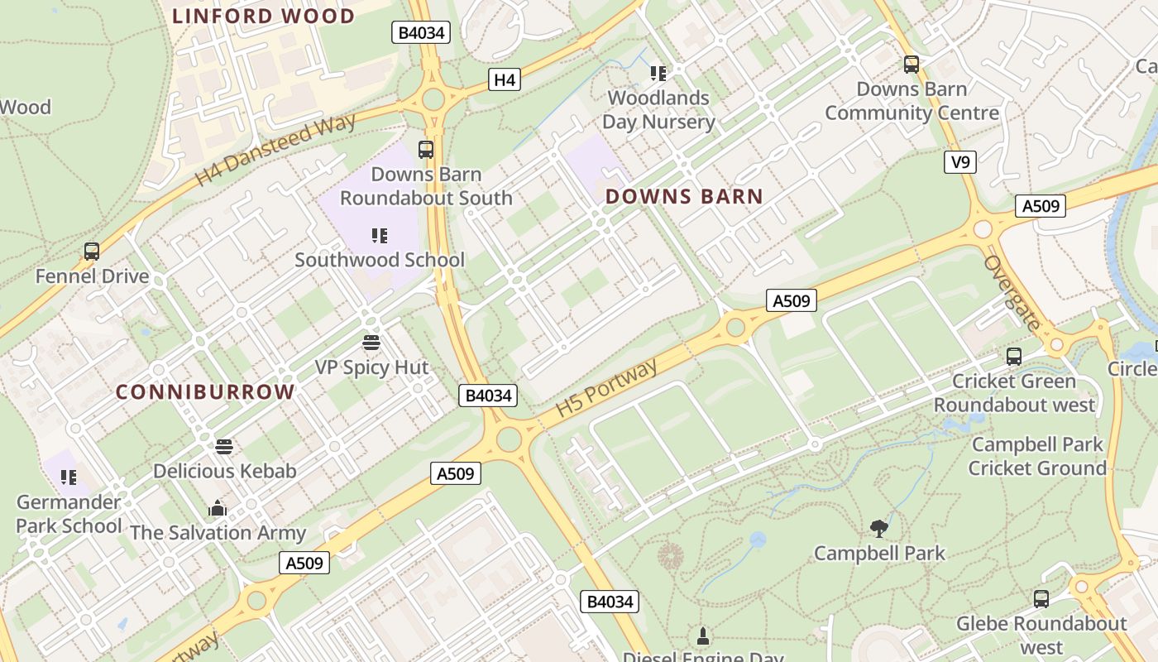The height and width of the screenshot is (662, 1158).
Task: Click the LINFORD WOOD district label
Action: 263,16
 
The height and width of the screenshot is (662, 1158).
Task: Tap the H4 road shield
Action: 505,79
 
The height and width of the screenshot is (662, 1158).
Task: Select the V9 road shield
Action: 959,162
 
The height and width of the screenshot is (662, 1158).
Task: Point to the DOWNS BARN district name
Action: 684,196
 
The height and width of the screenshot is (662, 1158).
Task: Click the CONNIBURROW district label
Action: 205,391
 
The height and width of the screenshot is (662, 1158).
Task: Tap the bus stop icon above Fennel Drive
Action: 92,252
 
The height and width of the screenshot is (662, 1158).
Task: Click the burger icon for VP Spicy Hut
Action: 371,342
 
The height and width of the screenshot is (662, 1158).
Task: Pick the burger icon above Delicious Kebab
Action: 224,447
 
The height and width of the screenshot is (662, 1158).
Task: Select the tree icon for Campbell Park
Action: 879,528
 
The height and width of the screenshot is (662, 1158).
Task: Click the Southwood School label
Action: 380,260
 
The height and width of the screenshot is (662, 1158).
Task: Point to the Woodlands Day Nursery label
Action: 658,110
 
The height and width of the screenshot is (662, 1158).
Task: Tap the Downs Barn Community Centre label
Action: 912,101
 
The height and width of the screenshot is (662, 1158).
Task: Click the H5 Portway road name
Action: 606,387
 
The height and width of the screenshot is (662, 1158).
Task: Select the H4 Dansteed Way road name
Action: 275,150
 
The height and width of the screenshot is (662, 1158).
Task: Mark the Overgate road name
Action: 1012,293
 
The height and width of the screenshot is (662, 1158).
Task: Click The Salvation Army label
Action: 218,533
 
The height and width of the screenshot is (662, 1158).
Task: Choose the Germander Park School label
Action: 69,514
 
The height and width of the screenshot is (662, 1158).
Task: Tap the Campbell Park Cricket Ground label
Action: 1037,456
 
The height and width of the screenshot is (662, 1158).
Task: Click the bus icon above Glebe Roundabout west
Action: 1041,598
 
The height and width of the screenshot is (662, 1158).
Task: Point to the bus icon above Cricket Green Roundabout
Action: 1014,357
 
